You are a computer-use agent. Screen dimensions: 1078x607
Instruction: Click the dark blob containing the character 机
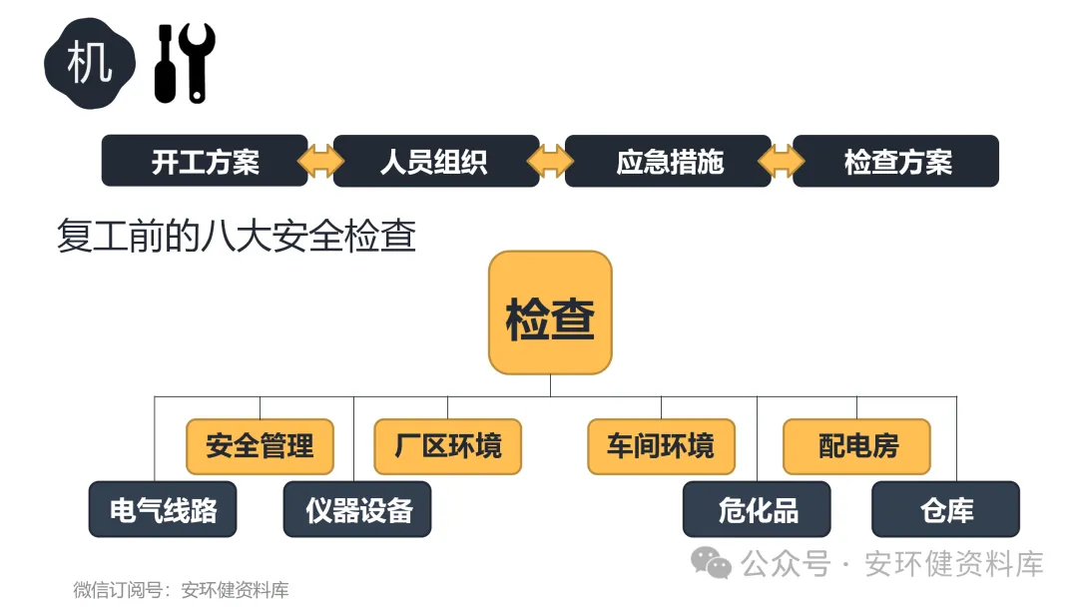coord(89,64)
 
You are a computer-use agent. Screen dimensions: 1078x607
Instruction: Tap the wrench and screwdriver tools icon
coord(185,64)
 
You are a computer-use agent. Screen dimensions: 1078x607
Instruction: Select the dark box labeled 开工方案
coord(205,161)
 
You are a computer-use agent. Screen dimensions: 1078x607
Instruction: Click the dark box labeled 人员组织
coord(435,161)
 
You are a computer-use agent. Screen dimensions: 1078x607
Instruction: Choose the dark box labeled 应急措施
coord(668,161)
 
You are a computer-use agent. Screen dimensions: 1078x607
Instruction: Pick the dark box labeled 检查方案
coord(896,161)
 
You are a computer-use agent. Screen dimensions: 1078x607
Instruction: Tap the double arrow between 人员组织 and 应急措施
coord(552,161)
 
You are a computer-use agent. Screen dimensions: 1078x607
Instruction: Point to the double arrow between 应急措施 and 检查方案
coord(782,161)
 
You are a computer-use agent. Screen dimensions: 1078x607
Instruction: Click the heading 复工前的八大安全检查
coord(237,238)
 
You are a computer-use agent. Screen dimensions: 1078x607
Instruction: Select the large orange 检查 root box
coord(550,312)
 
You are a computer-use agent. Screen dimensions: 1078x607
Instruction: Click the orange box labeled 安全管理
coord(260,446)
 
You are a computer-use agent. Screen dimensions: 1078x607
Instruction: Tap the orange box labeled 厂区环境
coord(447,446)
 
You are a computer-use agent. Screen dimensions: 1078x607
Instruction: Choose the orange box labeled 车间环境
coord(661,446)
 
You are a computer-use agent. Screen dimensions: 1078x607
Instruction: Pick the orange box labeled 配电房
coord(856,446)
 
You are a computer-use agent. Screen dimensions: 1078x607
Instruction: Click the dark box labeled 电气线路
coord(163,509)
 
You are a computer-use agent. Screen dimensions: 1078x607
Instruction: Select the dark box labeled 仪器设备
coord(357,509)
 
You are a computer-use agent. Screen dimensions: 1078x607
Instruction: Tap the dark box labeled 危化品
coord(757,509)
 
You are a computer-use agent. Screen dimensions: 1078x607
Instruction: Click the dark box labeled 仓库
coord(945,509)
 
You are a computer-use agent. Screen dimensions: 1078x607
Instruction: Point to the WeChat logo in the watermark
coord(712,564)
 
